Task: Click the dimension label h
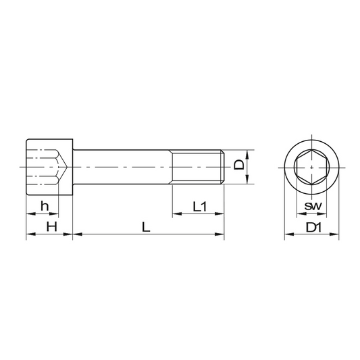click(45, 206)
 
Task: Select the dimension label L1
click(199, 207)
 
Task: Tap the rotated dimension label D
click(239, 165)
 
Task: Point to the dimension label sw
click(313, 206)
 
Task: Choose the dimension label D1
click(313, 228)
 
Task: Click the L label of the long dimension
click(146, 227)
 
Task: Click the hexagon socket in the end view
click(311, 168)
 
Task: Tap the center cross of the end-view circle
click(311, 168)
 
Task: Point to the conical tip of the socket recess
click(67, 167)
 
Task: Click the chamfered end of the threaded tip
click(223, 167)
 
